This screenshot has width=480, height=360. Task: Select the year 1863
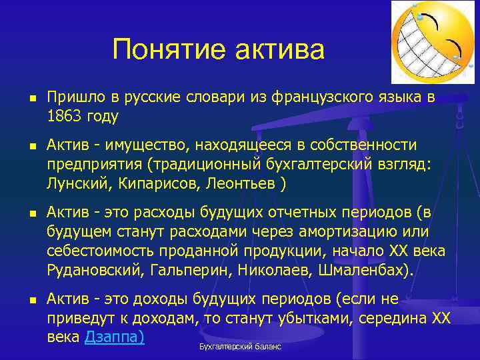[65, 116]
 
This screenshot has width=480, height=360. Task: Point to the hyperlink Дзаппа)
[115, 337]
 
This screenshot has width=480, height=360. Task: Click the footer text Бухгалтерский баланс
[240, 347]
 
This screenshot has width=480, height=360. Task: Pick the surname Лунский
[74, 183]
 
